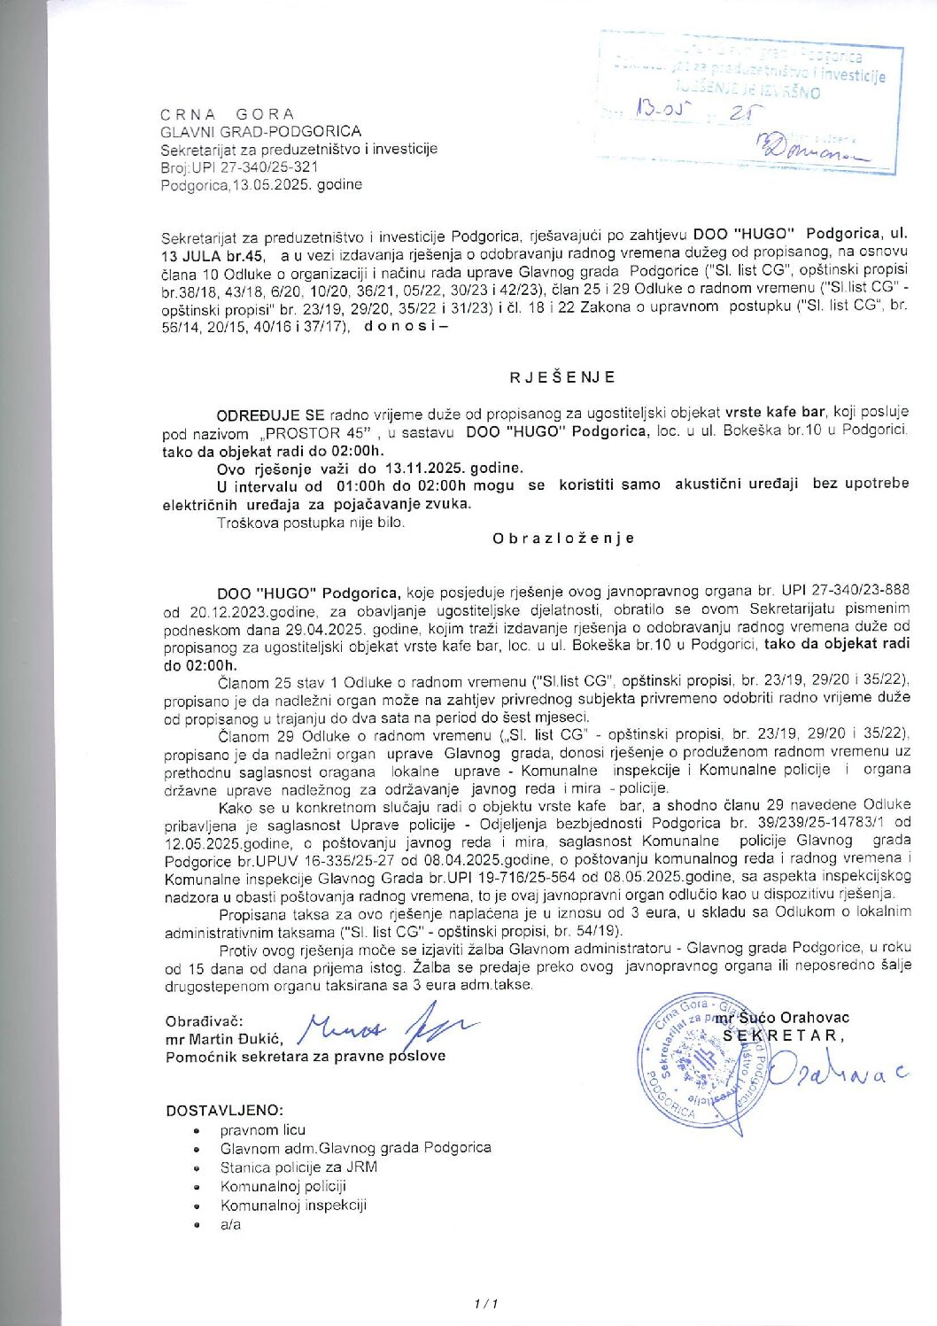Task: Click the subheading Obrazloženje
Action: pyautogui.click(x=563, y=539)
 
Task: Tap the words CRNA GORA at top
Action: pyautogui.click(x=227, y=114)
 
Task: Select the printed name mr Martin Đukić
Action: pyautogui.click(x=222, y=1039)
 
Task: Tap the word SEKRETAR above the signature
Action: pyautogui.click(x=784, y=1035)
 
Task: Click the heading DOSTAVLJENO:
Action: pyautogui.click(x=225, y=1111)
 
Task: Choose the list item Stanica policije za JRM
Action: pyautogui.click(x=298, y=1167)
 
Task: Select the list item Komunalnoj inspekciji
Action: pyautogui.click(x=293, y=1206)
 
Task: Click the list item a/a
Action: pyautogui.click(x=230, y=1225)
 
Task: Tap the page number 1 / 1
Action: pyautogui.click(x=487, y=1304)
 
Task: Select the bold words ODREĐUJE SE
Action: pyautogui.click(x=270, y=415)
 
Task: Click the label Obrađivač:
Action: pyautogui.click(x=204, y=1021)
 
